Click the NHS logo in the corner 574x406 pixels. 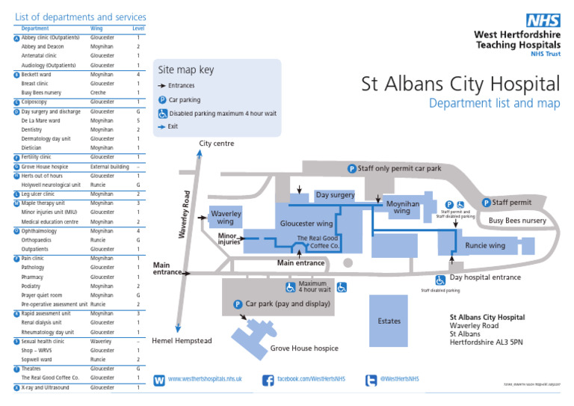543,21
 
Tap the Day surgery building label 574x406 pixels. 335,195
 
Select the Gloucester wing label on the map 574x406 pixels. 306,224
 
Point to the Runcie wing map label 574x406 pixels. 485,245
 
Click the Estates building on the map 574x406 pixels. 389,321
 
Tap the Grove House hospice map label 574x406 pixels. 304,348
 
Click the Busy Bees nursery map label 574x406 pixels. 517,221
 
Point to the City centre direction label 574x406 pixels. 217,144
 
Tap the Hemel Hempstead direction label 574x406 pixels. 182,341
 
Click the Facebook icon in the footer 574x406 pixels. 268,381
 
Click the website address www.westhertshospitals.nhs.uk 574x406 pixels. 205,380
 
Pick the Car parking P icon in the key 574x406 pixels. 162,99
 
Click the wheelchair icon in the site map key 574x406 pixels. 162,113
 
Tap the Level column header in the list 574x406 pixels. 138,28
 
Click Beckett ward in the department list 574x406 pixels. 36,75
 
